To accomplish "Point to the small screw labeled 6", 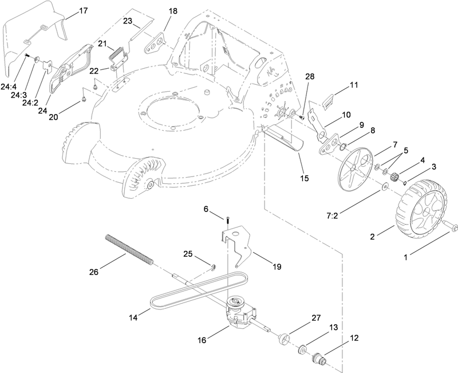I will (227, 219).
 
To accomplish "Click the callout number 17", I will (83, 11).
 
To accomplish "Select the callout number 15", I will (305, 178).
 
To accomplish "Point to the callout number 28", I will (310, 76).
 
